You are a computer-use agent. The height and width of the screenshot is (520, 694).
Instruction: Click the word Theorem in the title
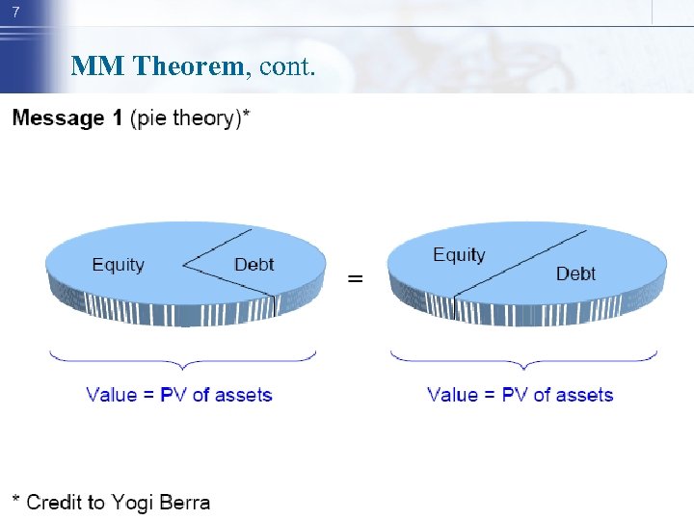point(189,66)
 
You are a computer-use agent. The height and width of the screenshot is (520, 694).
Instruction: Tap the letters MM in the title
point(97,66)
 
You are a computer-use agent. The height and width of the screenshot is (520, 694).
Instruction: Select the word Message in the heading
point(58,118)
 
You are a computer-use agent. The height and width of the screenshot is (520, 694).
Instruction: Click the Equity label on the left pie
point(118,265)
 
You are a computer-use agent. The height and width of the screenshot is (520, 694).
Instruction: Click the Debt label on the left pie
point(254,265)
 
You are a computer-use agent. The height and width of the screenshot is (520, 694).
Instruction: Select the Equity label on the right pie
point(459,255)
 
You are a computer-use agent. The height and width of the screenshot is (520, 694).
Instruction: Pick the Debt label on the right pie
point(575,274)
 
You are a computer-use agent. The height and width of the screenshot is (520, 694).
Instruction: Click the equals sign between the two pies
point(356,278)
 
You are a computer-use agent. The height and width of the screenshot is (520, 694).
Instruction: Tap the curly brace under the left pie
point(183,358)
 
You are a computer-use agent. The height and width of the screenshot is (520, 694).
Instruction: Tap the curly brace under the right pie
point(523,358)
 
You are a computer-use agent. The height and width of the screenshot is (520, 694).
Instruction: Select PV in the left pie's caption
point(172,395)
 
